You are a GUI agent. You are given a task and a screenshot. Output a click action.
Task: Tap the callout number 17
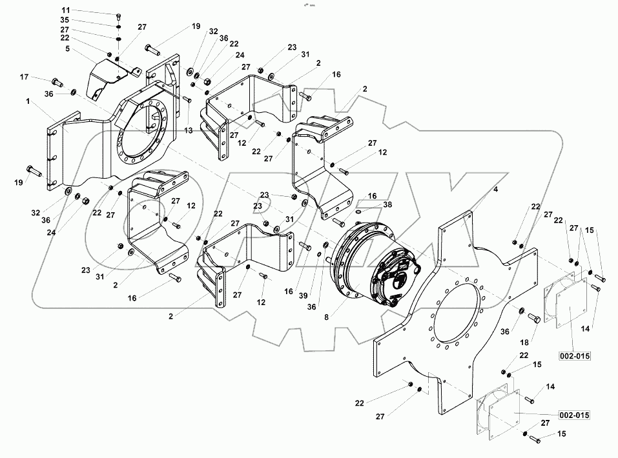coord(24,77)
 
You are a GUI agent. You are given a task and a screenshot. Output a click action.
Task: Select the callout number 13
coord(189,130)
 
